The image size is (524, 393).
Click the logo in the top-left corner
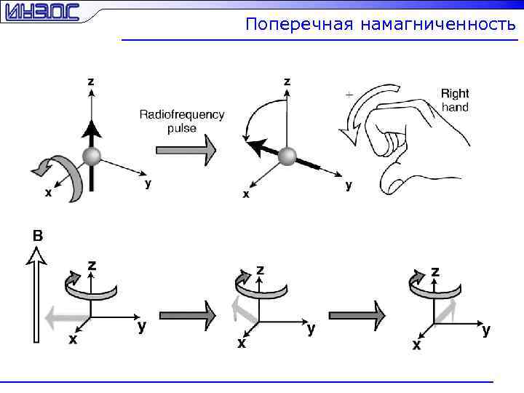pos(40,13)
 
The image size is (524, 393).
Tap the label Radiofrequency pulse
pos(182,121)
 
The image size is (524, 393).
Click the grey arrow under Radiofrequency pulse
pos(186,151)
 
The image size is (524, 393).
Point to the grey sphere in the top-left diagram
pos(91,156)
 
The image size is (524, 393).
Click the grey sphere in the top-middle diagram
pos(287,156)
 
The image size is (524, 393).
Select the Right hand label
pos(455,100)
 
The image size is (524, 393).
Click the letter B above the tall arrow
pos(38,235)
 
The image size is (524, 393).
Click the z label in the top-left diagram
pos(90,81)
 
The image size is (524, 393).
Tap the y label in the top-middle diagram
pos(349,185)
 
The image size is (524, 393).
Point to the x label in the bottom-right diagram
pos(416,345)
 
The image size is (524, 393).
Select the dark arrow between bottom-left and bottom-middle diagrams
pos(188,315)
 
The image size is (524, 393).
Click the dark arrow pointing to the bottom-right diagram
pos(357,315)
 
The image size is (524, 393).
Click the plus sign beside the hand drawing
pos(349,95)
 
